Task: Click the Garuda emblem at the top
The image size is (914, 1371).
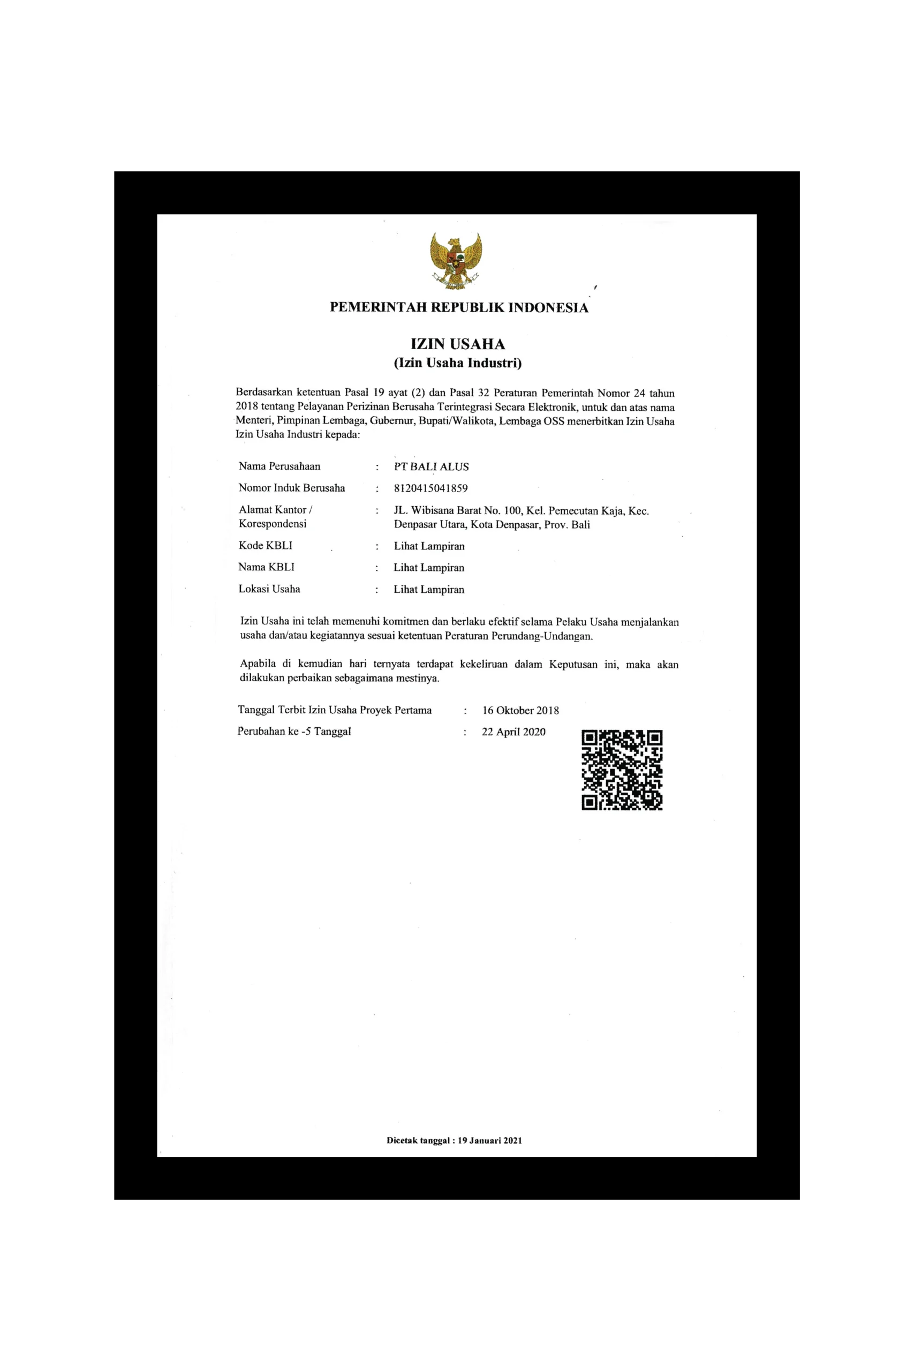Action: [456, 261]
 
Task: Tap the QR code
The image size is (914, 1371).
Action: [622, 770]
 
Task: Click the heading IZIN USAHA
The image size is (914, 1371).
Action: [458, 344]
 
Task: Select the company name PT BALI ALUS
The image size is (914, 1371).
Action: [432, 466]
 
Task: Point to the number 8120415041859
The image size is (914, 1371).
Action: [431, 488]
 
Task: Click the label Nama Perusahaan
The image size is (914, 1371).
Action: [279, 466]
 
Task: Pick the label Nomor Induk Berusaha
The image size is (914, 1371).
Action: [291, 488]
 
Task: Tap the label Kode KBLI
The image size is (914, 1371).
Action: [265, 546]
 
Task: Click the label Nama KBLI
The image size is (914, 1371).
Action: [267, 567]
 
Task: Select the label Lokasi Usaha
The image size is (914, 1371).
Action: [269, 589]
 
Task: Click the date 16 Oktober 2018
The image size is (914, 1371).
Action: [520, 711]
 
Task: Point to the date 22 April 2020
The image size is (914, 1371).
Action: [513, 732]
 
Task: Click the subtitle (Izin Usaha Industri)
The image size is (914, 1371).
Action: [458, 363]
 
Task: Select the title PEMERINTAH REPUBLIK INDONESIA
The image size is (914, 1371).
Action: [459, 307]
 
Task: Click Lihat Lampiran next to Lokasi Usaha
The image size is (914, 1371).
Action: [429, 589]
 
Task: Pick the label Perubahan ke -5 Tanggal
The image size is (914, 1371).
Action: [294, 732]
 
